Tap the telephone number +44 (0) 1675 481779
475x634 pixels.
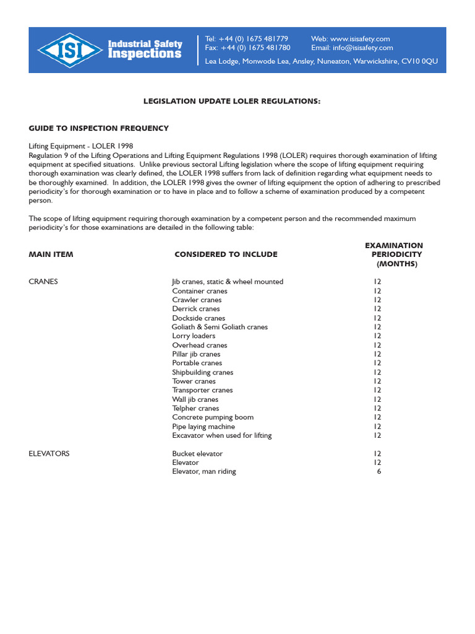coord(254,39)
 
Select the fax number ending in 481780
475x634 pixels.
coord(255,48)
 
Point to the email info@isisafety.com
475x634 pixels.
coord(362,48)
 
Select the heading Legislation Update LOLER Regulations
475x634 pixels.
coord(232,101)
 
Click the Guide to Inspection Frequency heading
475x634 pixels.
coord(98,128)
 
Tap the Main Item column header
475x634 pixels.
coord(51,254)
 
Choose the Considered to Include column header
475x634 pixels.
coord(226,254)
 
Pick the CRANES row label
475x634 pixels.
coord(43,282)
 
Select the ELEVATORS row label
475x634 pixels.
coord(49,454)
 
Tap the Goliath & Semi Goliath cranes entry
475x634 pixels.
coord(220,327)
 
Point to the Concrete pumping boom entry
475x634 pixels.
coord(213,417)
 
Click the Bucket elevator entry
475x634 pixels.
coord(197,454)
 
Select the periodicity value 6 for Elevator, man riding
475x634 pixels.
coord(379,472)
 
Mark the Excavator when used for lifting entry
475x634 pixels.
coord(221,435)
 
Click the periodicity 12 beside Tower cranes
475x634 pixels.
coord(377,381)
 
